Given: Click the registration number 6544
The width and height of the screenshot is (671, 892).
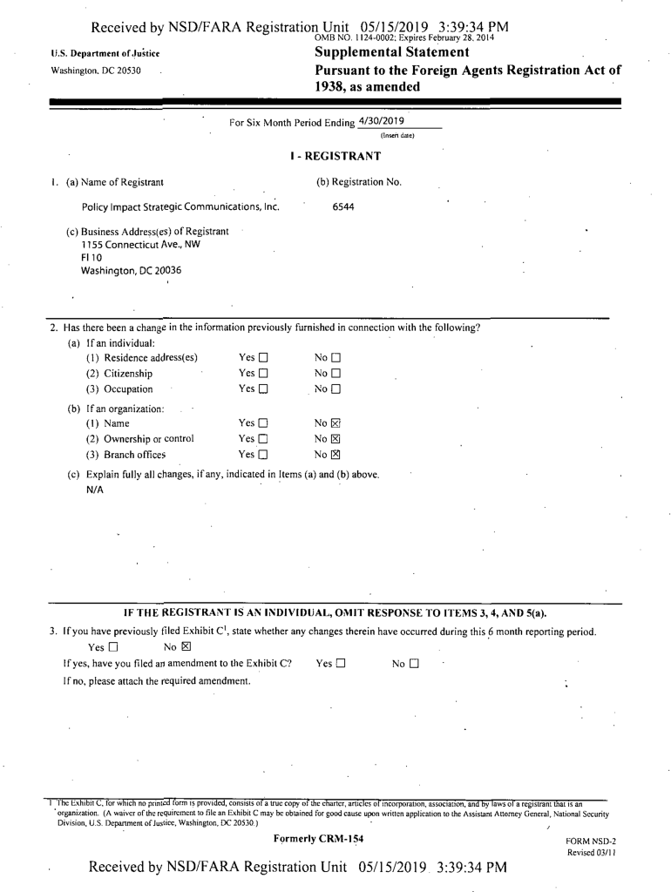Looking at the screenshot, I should point(343,207).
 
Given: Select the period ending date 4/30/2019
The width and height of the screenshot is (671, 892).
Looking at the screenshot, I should point(381,121).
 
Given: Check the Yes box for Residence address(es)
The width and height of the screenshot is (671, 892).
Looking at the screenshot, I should point(263,358).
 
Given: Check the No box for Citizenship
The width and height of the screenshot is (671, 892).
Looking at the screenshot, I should point(335,374).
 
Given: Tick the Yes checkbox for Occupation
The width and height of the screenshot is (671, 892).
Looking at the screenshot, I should point(263,389).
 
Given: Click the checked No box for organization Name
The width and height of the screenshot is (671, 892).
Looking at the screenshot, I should point(335,423).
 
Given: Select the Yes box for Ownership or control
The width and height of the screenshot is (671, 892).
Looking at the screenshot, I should point(263,439).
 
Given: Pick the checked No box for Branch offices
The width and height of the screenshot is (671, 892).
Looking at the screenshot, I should point(335,455).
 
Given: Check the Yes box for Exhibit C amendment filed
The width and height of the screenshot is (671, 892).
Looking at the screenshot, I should point(341,664).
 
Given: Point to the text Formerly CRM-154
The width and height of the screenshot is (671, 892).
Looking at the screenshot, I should point(318,839).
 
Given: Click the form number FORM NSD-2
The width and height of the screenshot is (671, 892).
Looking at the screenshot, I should point(591,841).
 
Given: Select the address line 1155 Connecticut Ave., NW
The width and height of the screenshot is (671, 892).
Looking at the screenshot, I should point(135,245).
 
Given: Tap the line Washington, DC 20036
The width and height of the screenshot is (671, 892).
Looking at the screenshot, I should point(131,271).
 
